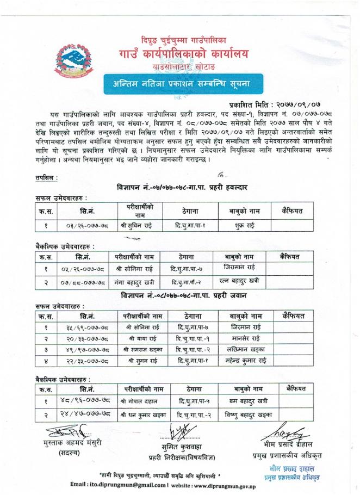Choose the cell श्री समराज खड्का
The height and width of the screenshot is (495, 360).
tap(136, 350)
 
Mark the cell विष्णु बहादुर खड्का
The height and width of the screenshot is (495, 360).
tap(248, 414)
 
